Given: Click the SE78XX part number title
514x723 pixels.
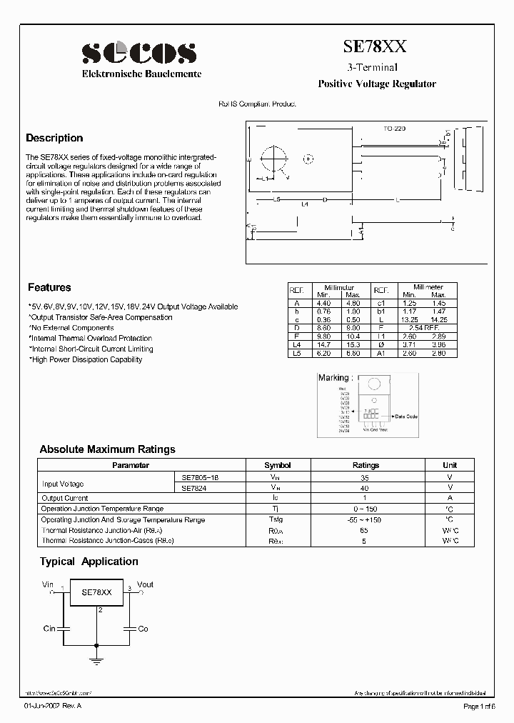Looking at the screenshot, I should pos(376,47).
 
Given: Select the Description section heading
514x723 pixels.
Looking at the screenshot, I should pos(54,139).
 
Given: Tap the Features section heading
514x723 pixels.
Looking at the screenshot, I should pos(49,287).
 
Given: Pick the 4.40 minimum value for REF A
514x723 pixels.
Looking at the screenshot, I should pos(323,303).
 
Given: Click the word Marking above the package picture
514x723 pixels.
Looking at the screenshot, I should pos(333,378).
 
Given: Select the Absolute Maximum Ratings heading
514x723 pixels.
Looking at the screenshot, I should pos(107,449).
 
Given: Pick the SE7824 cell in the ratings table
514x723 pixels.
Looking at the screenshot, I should pos(191,487).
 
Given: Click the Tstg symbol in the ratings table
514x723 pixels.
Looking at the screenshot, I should pos(276,519).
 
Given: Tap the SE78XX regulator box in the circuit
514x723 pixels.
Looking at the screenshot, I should pos(96,593).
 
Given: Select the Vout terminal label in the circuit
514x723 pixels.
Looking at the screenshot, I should pos(145,584).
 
